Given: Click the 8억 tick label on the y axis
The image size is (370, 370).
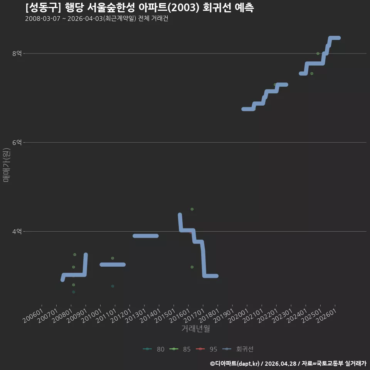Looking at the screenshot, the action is coord(17,53).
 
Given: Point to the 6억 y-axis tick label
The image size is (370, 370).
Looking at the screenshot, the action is coord(17,142).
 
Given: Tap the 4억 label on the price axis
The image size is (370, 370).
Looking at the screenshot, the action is coord(17,231).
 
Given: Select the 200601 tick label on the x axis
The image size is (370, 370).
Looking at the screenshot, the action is coord(33,316).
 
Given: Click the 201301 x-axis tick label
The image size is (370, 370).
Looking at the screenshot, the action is coord(136,316).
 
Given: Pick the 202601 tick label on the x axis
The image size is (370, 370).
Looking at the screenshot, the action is coord(326,316).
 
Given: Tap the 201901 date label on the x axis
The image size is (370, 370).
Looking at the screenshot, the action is coord(224,316).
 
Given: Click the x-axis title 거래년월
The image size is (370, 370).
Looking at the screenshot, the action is coord(196,328).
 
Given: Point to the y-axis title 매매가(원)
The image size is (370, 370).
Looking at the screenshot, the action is coord(6,165).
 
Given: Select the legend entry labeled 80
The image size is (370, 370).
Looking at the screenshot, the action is coord(154,349).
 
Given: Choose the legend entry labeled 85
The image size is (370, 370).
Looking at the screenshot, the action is coord(180,349).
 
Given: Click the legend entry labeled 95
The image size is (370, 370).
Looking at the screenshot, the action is coord(207,349).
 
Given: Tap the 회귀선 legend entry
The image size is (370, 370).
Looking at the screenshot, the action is coord(238,349).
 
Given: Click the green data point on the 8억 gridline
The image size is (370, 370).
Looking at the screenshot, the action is coord(318,54).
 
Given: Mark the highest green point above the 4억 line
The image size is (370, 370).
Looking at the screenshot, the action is coord(192,209).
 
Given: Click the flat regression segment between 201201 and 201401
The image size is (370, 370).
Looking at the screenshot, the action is coord(146,236).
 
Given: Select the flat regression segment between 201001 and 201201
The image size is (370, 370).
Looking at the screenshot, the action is coord(113,264).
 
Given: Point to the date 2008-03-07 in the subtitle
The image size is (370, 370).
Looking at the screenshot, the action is coord(43,18).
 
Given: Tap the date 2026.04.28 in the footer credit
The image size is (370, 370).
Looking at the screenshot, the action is coord(281,363).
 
